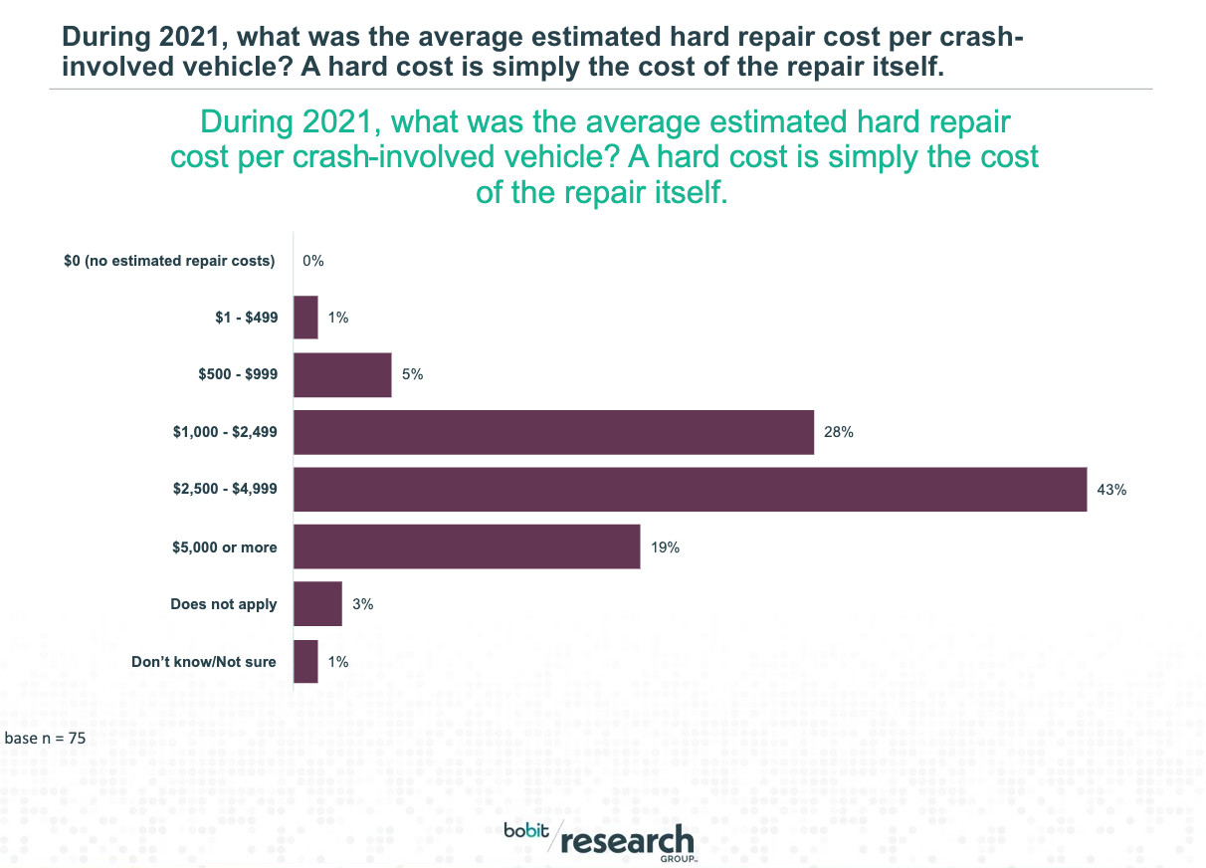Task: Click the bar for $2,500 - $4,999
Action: [690, 490]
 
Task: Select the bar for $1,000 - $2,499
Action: [553, 432]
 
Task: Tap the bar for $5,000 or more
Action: [467, 547]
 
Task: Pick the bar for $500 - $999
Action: [342, 375]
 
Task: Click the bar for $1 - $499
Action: [305, 318]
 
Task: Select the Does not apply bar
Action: [317, 604]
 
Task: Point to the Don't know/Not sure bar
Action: [305, 662]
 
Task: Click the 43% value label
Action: [1111, 490]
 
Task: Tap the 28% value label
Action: [839, 432]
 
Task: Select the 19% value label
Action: [665, 547]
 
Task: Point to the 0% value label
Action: [314, 261]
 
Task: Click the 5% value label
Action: [413, 375]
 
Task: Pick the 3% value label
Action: [363, 604]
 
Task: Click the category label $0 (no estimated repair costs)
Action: [169, 261]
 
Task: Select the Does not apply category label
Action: [224, 604]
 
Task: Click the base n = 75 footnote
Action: [47, 739]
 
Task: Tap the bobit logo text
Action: [525, 831]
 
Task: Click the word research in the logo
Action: [627, 840]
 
